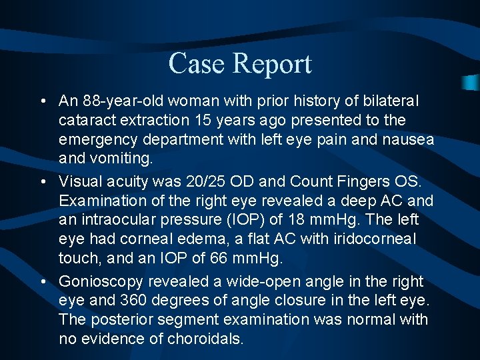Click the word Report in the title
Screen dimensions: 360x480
272,65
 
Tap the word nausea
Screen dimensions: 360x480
409,140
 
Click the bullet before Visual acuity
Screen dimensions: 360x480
43,181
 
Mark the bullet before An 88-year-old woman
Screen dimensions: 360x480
43,101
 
